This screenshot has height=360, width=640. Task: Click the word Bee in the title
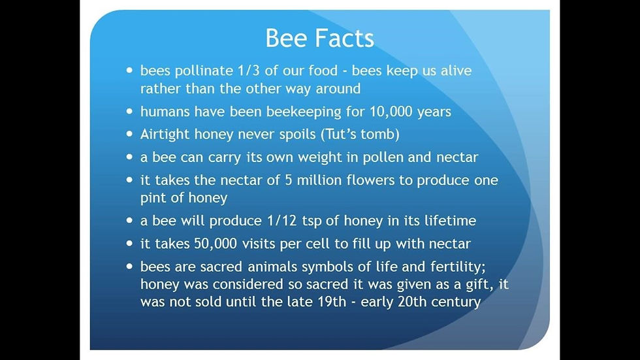point(286,38)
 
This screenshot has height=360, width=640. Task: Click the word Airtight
point(165,135)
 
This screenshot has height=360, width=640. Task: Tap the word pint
point(153,198)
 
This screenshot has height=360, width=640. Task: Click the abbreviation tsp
point(312,221)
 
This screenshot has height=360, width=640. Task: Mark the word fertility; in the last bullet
point(458,267)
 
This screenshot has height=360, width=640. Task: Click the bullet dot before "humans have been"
point(130,111)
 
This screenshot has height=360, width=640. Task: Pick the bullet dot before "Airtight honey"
point(130,134)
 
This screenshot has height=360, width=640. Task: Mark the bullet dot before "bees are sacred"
point(130,266)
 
